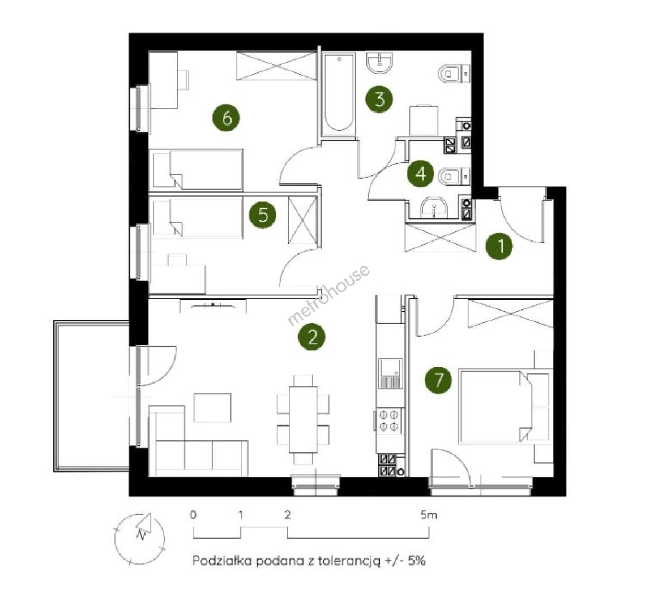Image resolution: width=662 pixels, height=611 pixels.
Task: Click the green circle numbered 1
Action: pos(499,246)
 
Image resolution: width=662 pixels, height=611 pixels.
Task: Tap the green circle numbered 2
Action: pos(312,337)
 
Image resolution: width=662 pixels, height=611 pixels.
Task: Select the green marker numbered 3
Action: pos(379,99)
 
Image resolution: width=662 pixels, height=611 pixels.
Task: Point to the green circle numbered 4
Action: pos(421,173)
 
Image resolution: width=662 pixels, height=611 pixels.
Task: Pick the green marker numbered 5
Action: pos(263,214)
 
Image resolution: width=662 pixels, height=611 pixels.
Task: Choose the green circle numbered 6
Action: pos(227,117)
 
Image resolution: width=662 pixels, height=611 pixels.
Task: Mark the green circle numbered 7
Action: pos(438,380)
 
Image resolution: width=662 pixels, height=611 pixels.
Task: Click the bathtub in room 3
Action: pos(339,92)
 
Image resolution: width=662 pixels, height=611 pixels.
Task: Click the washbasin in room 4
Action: pos(434,206)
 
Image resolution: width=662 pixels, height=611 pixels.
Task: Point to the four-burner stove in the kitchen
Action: pos(389,420)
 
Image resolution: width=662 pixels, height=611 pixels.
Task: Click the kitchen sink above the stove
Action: pos(391,373)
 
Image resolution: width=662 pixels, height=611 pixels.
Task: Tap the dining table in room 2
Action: pos(303,419)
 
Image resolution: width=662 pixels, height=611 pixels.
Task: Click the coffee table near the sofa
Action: pos(212,408)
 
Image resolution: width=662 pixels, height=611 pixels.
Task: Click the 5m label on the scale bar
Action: pos(429,515)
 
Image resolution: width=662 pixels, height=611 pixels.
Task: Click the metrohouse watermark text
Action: pos(328,295)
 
